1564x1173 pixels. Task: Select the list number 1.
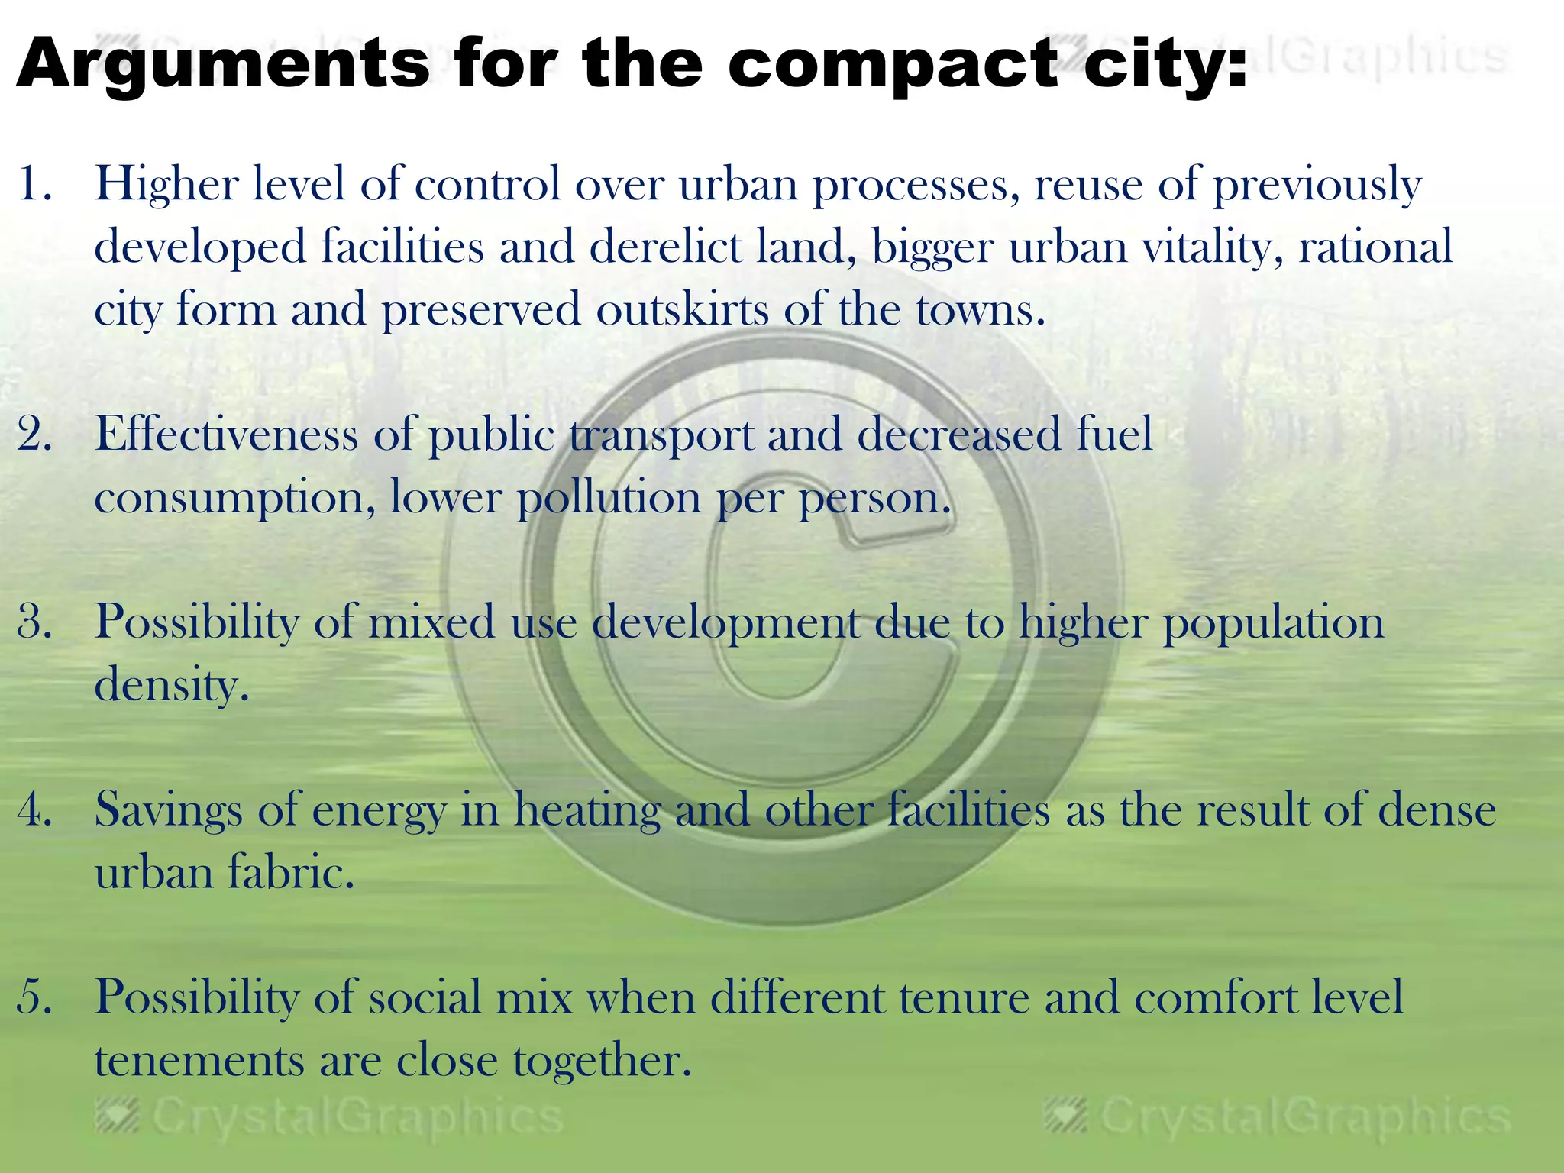pos(34,186)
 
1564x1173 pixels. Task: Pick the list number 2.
pos(35,435)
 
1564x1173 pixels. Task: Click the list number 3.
pos(35,622)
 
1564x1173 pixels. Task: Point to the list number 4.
pos(35,809)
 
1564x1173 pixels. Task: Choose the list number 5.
pos(35,997)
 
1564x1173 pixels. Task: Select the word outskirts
pos(682,311)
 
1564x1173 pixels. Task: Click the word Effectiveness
pos(226,435)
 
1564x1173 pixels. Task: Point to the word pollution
pos(609,499)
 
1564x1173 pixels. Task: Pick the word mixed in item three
pos(431,622)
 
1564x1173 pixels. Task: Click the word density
pos(172,685)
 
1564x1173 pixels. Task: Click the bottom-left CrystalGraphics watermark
pos(329,1116)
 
